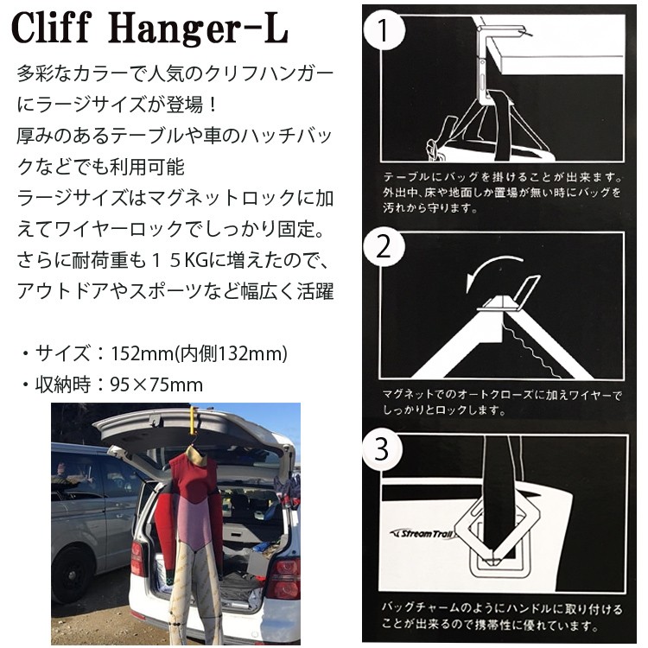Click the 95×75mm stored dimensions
[156, 383]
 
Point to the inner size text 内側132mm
[228, 353]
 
